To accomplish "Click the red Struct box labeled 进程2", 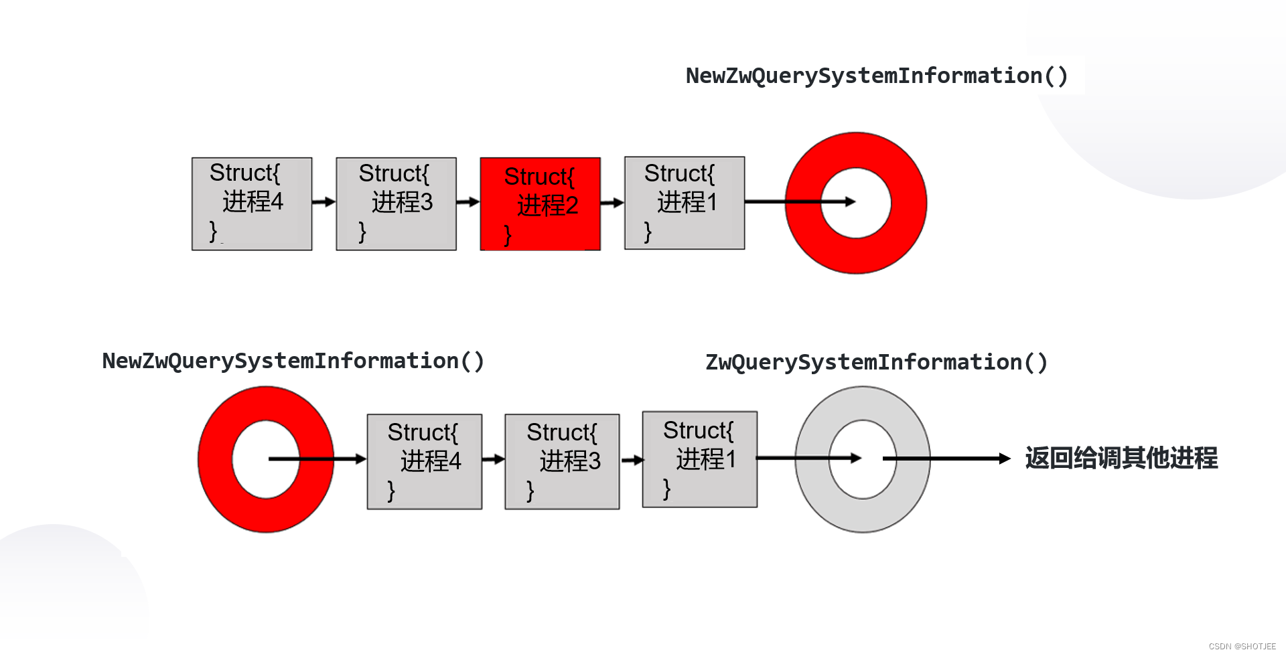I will click(x=540, y=204).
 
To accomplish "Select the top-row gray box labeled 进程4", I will click(x=252, y=204).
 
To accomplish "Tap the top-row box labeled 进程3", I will click(x=396, y=204).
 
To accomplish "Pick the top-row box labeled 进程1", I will click(x=685, y=203).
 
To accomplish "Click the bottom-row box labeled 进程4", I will click(x=425, y=462).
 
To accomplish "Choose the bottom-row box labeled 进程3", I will click(x=562, y=462).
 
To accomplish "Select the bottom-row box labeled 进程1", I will click(x=700, y=460).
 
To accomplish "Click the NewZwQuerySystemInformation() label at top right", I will click(x=877, y=76).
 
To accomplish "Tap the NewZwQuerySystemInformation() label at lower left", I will click(x=293, y=361).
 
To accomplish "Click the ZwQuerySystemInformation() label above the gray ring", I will click(x=876, y=362).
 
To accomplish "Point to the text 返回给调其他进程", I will click(x=1121, y=459).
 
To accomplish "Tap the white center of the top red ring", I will click(x=856, y=218).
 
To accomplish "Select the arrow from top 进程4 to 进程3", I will click(x=324, y=202).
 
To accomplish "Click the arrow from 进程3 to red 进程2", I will click(x=468, y=202).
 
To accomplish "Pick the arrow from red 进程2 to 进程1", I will click(x=612, y=203).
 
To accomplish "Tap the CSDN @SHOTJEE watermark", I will click(x=1242, y=647).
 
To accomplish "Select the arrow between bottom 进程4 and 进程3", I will click(x=494, y=459).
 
